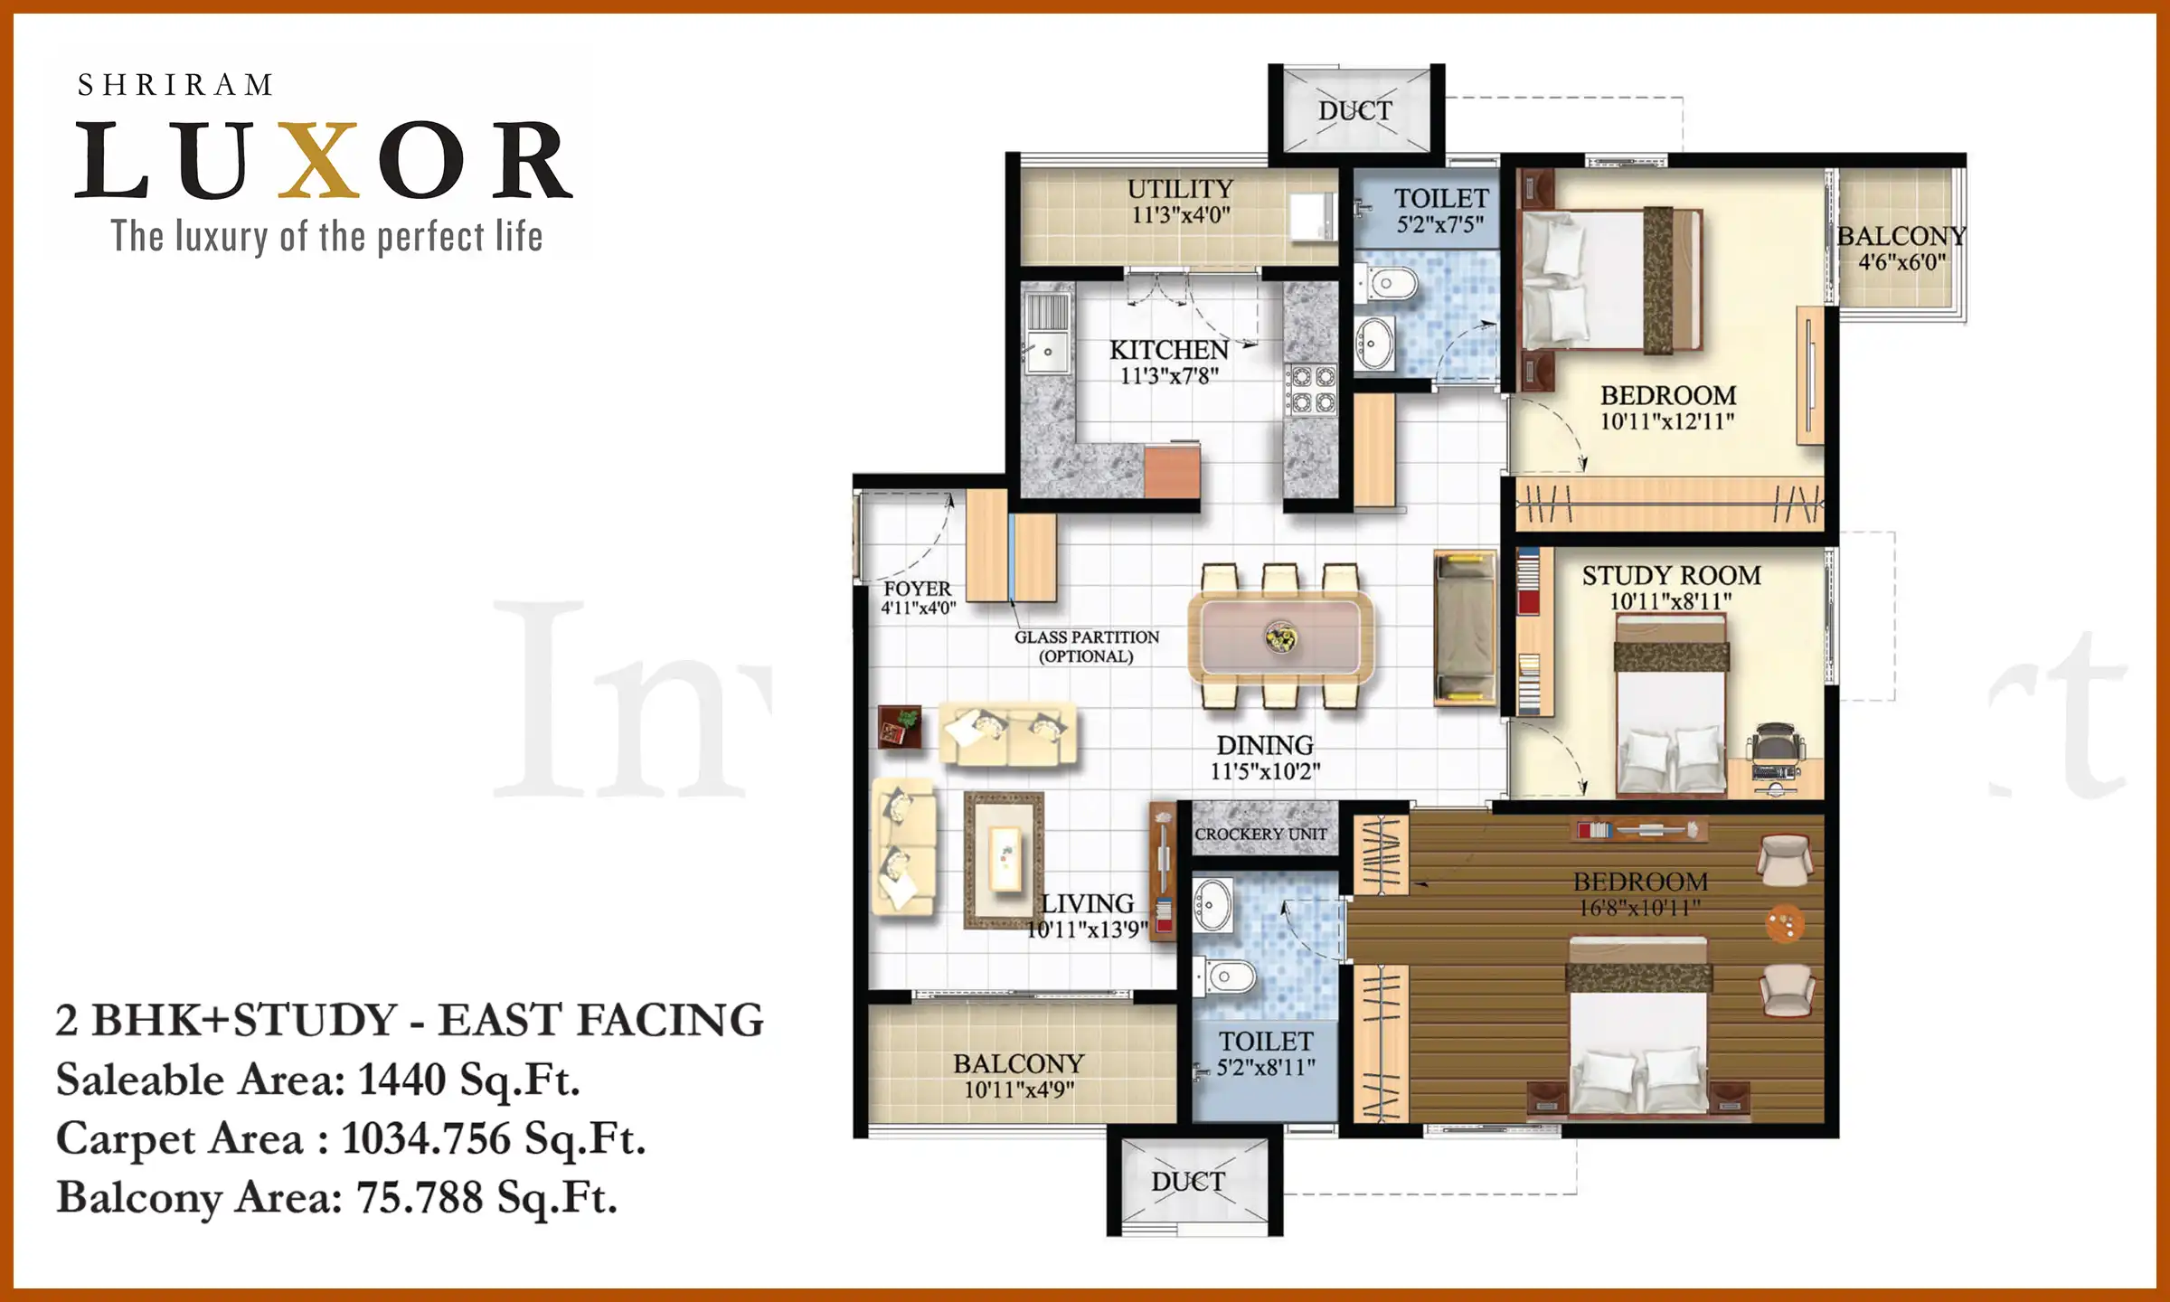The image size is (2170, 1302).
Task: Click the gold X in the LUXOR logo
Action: pyautogui.click(x=318, y=160)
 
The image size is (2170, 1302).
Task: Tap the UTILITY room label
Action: pyautogui.click(x=1180, y=189)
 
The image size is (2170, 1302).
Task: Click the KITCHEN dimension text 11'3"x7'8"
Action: pyautogui.click(x=1169, y=376)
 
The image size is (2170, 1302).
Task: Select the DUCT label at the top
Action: pyautogui.click(x=1354, y=111)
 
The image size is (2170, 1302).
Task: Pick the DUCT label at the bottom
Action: pyautogui.click(x=1187, y=1182)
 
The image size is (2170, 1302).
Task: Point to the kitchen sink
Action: pyautogui.click(x=1047, y=348)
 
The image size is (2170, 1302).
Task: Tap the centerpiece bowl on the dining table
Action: pyautogui.click(x=1280, y=637)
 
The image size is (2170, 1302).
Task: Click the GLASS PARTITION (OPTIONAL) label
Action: pyautogui.click(x=1086, y=646)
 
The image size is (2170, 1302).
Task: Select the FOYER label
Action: pyautogui.click(x=917, y=589)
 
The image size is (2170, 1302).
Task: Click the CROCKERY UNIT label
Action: pyautogui.click(x=1260, y=834)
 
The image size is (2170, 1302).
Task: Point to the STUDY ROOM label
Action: pyautogui.click(x=1671, y=575)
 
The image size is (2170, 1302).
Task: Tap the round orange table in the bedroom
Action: pyautogui.click(x=1785, y=923)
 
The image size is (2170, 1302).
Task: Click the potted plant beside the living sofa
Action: pyautogui.click(x=901, y=726)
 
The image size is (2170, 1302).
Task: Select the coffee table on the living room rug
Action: pyautogui.click(x=1005, y=859)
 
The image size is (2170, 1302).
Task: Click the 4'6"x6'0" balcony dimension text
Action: pyautogui.click(x=1901, y=263)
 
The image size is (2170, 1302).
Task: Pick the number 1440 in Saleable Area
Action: pyautogui.click(x=401, y=1080)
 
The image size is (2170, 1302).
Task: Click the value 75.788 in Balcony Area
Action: pyautogui.click(x=420, y=1197)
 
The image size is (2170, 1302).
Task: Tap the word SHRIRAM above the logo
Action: pyautogui.click(x=175, y=85)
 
